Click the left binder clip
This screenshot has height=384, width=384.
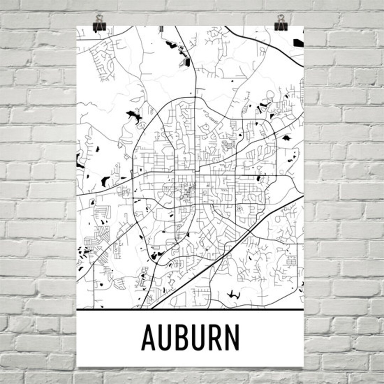[x=98, y=26]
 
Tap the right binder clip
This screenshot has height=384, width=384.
[x=281, y=26]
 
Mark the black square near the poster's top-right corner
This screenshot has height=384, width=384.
[x=298, y=43]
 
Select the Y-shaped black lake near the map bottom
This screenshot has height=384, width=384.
[x=233, y=294]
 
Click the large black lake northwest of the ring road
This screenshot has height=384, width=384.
[x=134, y=116]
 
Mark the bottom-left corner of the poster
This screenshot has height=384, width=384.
[x=78, y=367]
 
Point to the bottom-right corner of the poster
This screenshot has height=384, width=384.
[x=304, y=367]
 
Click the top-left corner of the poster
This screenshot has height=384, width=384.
[x=77, y=26]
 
